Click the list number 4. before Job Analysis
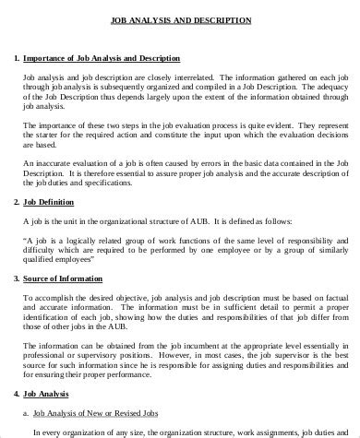[19, 397]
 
